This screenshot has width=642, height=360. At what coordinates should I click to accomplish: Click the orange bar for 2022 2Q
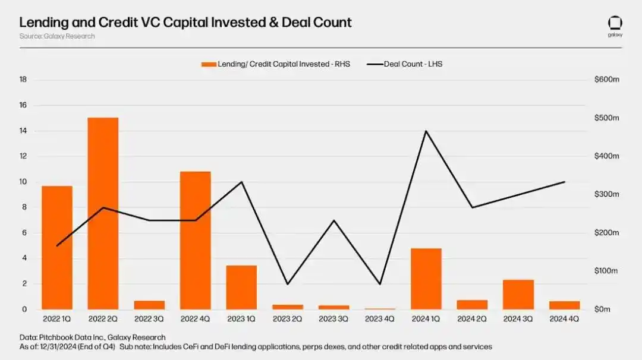[x=103, y=213]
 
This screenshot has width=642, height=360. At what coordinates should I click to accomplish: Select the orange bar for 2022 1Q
[x=57, y=247]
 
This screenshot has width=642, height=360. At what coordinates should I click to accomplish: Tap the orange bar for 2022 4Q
[x=195, y=240]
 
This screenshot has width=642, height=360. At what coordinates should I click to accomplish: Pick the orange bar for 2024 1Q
[x=426, y=279]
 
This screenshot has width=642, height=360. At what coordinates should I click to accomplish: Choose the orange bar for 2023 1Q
[x=241, y=287]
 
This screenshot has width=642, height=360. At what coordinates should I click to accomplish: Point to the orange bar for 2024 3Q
[x=518, y=294]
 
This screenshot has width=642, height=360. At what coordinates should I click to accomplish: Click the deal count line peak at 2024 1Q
[x=426, y=131]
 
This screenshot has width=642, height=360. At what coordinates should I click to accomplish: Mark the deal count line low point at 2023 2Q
[x=288, y=284]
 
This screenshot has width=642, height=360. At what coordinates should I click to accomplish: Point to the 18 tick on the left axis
[x=23, y=80]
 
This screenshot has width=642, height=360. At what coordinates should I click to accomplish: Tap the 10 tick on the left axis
[x=23, y=182]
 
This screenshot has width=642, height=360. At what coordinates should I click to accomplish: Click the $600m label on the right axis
[x=607, y=80]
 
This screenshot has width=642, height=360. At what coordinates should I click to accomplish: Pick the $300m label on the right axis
[x=607, y=195]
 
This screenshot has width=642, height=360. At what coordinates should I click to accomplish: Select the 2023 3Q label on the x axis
[x=333, y=319]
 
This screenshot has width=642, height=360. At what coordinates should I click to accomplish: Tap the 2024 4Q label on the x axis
[x=564, y=319]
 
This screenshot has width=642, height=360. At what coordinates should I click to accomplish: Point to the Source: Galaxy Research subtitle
[x=57, y=36]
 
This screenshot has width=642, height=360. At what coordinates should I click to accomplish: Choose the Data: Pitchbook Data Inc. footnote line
[x=92, y=337]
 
